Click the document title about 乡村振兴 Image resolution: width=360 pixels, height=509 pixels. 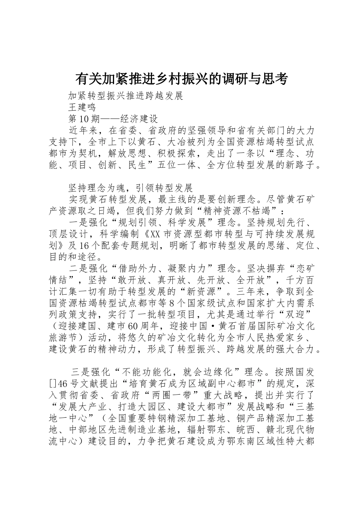pos(182,79)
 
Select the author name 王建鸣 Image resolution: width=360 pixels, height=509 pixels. pos(82,107)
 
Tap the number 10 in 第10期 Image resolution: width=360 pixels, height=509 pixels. pos(84,119)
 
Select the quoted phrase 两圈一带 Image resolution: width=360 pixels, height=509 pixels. pos(177,395)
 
